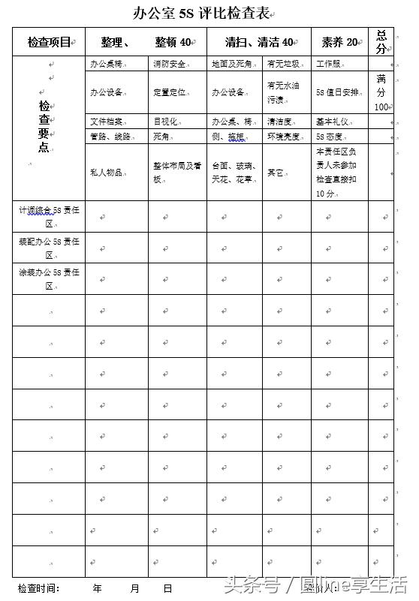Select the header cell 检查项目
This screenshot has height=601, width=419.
pyautogui.click(x=48, y=42)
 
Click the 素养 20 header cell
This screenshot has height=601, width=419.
pyautogui.click(x=339, y=42)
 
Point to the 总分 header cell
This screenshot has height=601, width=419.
pyautogui.click(x=381, y=41)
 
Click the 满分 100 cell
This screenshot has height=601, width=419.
pyautogui.click(x=381, y=92)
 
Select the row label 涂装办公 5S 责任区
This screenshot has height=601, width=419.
pyautogui.click(x=48, y=278)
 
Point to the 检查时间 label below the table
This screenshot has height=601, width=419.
pyautogui.click(x=38, y=588)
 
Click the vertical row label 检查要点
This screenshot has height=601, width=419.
pyautogui.click(x=44, y=128)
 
